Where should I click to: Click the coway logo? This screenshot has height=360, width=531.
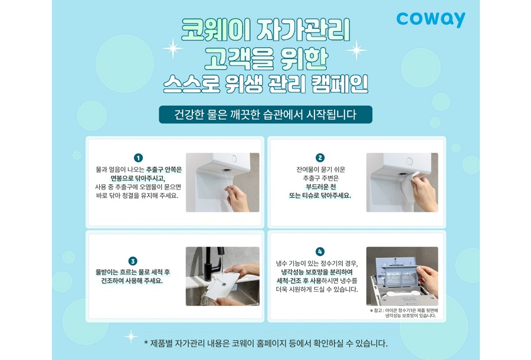pyautogui.click(x=431, y=19)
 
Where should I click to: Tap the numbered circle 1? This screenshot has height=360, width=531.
pyautogui.click(x=138, y=158)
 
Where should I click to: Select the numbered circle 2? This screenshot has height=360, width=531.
pyautogui.click(x=320, y=158)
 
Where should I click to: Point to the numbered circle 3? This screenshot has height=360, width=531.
pyautogui.click(x=133, y=261)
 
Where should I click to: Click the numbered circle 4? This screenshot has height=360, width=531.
pyautogui.click(x=320, y=251)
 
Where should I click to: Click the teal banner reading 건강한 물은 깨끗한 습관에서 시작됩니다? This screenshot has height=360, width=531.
pyautogui.click(x=265, y=114)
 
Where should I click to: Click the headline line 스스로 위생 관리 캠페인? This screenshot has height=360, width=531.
pyautogui.click(x=265, y=84)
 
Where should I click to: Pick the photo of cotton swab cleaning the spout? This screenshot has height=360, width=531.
pyautogui.click(x=222, y=182)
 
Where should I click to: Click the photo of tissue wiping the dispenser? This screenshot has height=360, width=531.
pyautogui.click(x=402, y=182)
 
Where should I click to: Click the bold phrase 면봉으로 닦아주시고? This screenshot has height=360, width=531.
pyautogui.click(x=138, y=178)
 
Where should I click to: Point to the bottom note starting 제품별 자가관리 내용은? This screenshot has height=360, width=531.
pyautogui.click(x=265, y=343)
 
